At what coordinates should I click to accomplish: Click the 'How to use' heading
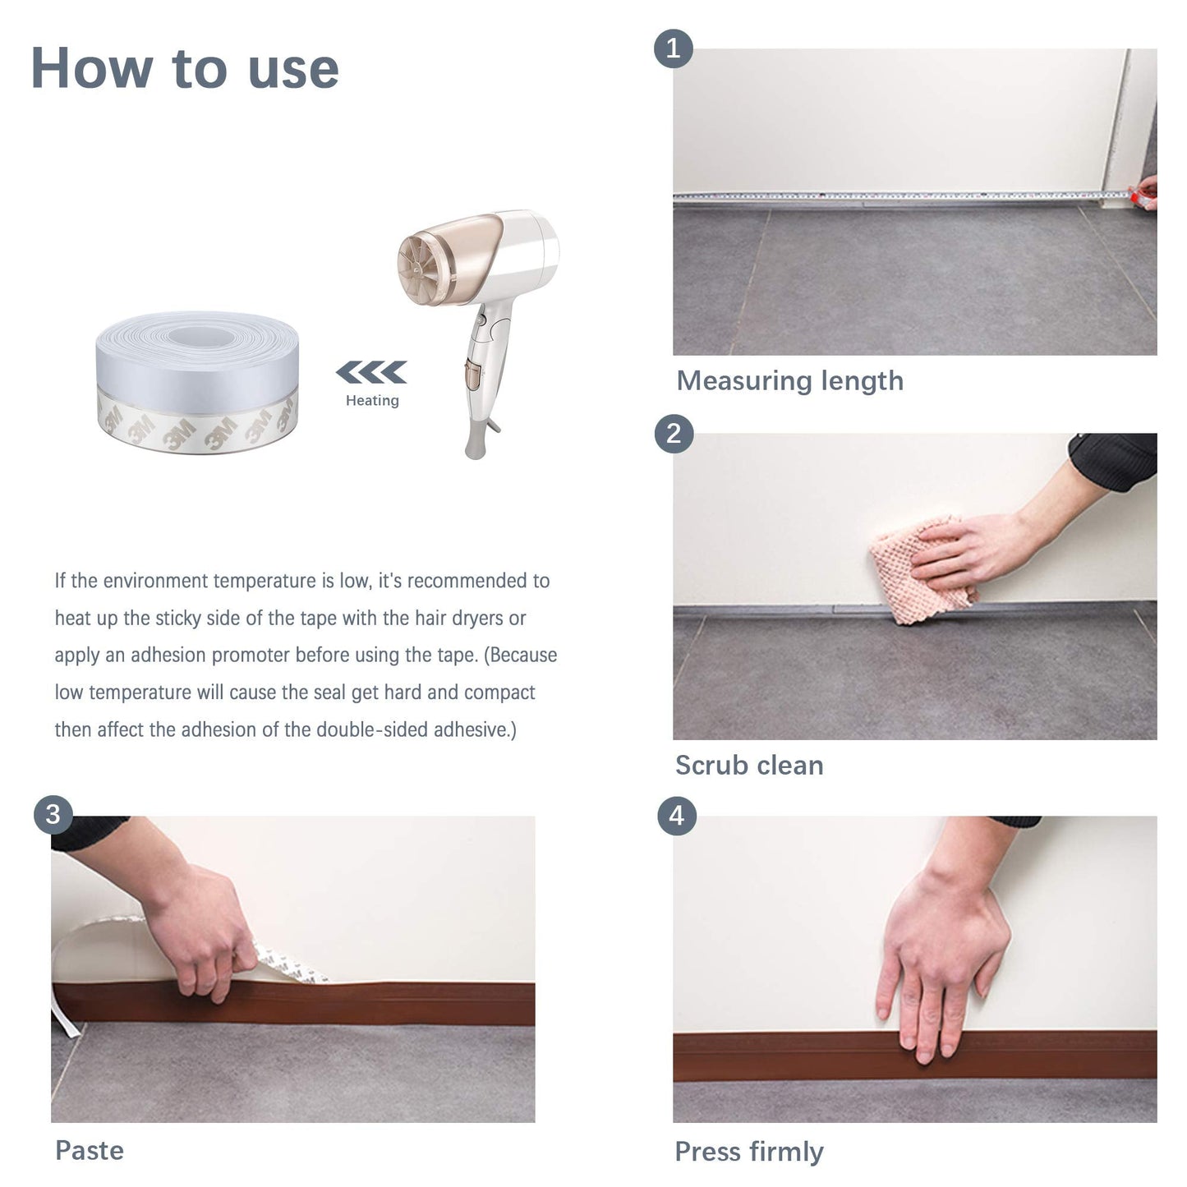click(x=185, y=68)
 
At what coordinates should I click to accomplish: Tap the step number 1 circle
click(x=673, y=48)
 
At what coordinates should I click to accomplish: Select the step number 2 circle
click(x=674, y=433)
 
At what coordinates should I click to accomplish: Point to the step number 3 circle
click(x=53, y=815)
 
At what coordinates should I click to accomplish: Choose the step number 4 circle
click(x=676, y=816)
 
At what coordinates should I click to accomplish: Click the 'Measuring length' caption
click(x=789, y=381)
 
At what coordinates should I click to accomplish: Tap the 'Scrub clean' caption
click(x=749, y=766)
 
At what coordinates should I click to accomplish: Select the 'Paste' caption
click(x=90, y=1151)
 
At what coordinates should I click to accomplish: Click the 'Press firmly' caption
click(x=749, y=1152)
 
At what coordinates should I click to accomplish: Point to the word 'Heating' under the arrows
click(x=372, y=401)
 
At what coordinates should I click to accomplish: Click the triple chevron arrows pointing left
click(x=371, y=372)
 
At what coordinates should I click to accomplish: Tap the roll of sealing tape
click(x=197, y=382)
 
